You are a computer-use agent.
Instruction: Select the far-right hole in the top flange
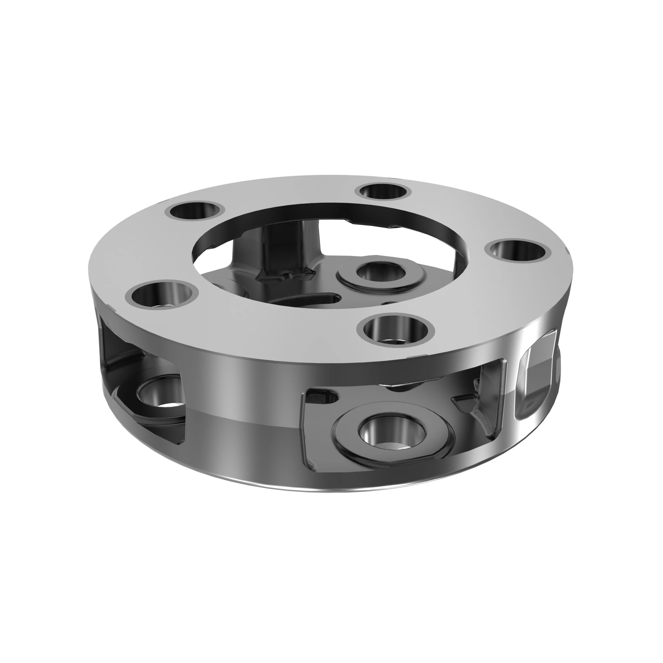coord(518,250)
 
